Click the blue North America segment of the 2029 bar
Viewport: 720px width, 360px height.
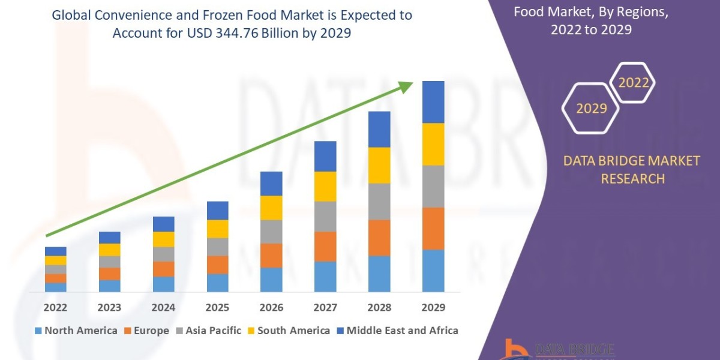click(433, 271)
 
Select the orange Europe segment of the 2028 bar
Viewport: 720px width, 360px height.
click(379, 238)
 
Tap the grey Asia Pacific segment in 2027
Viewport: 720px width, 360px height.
click(325, 216)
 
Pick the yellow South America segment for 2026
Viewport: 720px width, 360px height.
click(271, 208)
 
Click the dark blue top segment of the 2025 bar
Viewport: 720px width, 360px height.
click(217, 211)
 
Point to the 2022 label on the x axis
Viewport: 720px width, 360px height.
click(55, 308)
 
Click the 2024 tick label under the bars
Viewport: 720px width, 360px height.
click(163, 308)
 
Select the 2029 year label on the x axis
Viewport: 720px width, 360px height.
click(433, 308)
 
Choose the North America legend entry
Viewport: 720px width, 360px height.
click(76, 331)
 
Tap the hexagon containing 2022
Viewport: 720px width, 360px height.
click(633, 83)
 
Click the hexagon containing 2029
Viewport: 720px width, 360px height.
click(591, 109)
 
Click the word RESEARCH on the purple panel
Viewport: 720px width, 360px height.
click(632, 178)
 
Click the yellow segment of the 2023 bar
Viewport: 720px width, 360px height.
click(109, 250)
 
